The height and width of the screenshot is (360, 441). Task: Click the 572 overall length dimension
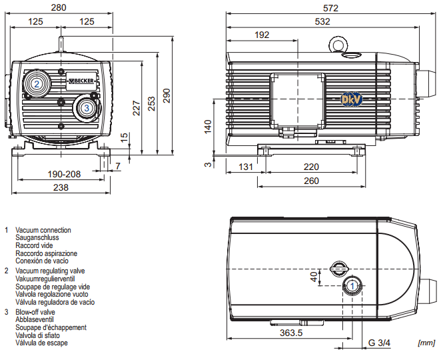point(330,8)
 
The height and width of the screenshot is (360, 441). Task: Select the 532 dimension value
point(322,22)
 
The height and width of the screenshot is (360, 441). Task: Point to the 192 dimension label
point(262,35)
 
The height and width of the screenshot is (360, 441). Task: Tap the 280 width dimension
point(59,7)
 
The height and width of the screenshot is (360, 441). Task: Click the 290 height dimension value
point(167,96)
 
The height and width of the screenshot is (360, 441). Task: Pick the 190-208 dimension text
point(64,174)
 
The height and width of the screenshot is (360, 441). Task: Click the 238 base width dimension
point(61,187)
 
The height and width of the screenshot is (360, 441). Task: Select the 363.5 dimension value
point(291,333)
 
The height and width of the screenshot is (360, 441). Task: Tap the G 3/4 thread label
point(379,343)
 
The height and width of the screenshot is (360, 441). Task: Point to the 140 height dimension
point(208,127)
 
